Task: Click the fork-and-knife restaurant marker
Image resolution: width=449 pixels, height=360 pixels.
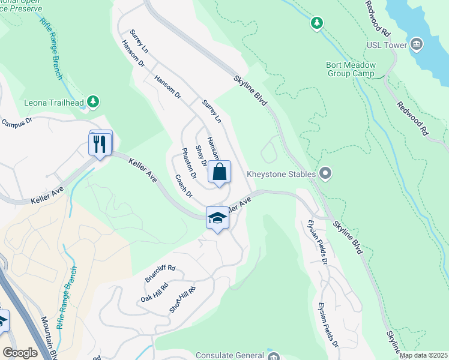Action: point(100,144)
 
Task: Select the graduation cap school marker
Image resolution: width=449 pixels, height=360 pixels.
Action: point(217,218)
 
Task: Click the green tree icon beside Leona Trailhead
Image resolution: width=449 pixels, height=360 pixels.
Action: point(92,101)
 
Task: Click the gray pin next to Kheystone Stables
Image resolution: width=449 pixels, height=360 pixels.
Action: point(325,174)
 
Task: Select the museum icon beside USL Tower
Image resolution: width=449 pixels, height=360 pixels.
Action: point(416,44)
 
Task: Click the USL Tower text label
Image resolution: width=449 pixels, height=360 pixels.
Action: point(387,45)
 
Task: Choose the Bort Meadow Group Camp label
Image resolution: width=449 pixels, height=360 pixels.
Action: point(350,69)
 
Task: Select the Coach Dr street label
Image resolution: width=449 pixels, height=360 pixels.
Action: point(183,185)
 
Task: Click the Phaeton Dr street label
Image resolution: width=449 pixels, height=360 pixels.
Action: point(188,163)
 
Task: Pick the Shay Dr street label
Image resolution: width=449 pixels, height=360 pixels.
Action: point(202,155)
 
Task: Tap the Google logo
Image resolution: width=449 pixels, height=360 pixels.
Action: point(20,353)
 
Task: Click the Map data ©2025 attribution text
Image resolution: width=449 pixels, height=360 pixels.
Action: point(423,355)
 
